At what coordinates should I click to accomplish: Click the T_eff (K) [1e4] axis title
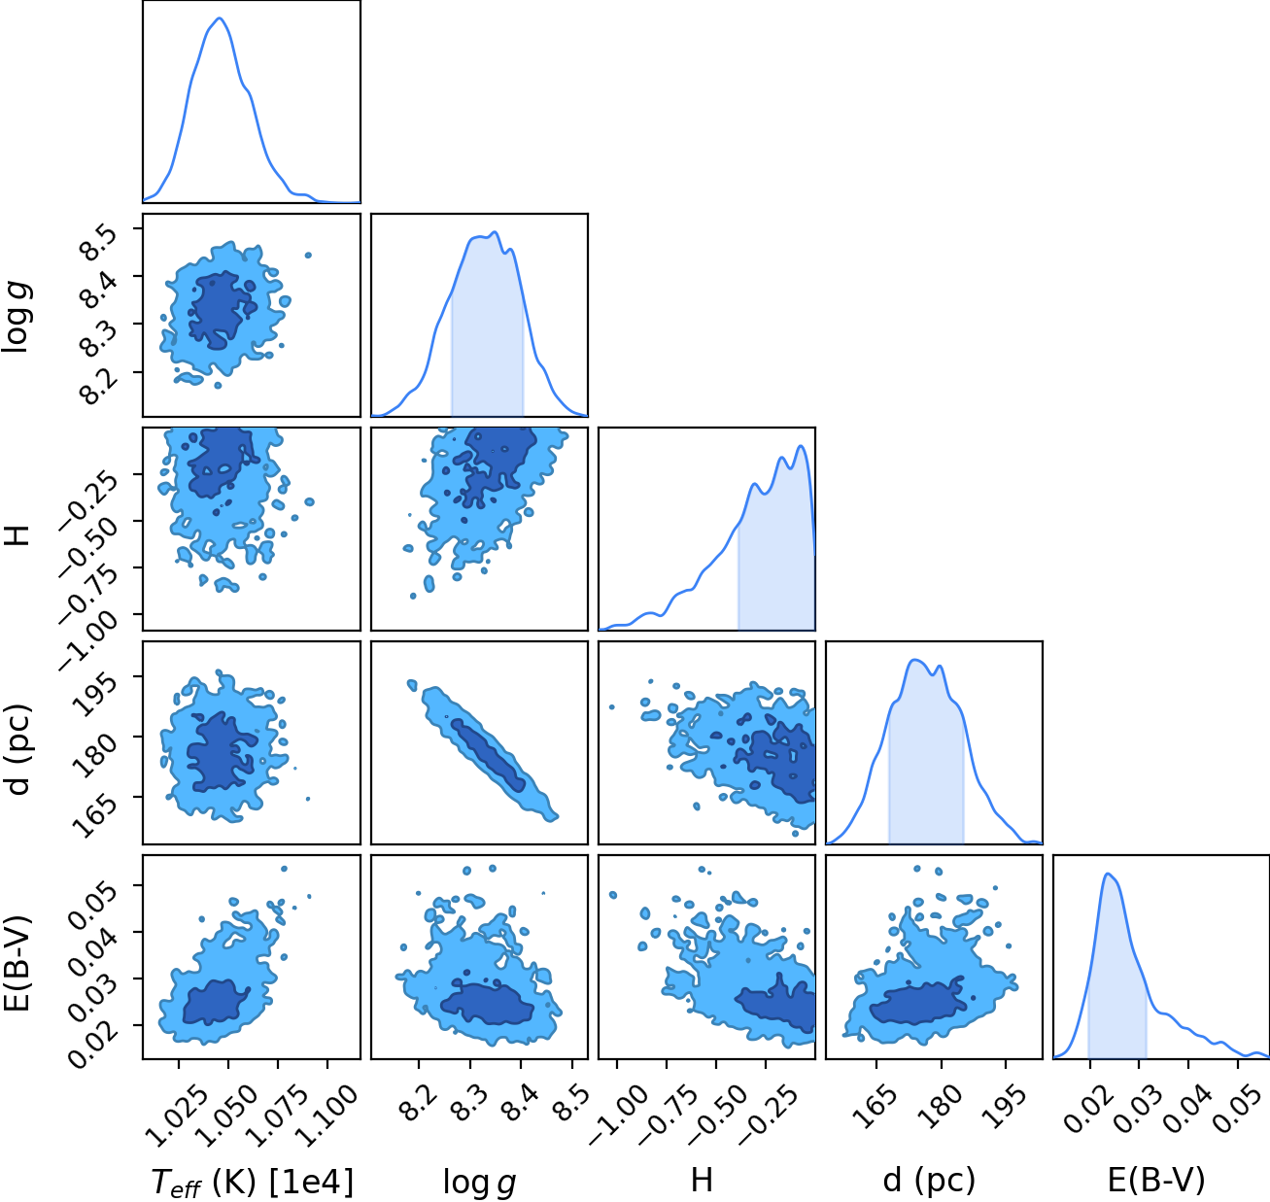click(253, 1182)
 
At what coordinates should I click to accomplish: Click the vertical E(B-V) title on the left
click(17, 963)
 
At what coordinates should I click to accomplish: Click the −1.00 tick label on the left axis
click(87, 640)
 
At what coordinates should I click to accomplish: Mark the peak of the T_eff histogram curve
click(220, 17)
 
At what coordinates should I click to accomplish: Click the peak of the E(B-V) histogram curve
click(1107, 874)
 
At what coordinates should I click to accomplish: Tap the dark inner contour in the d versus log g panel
click(489, 755)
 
